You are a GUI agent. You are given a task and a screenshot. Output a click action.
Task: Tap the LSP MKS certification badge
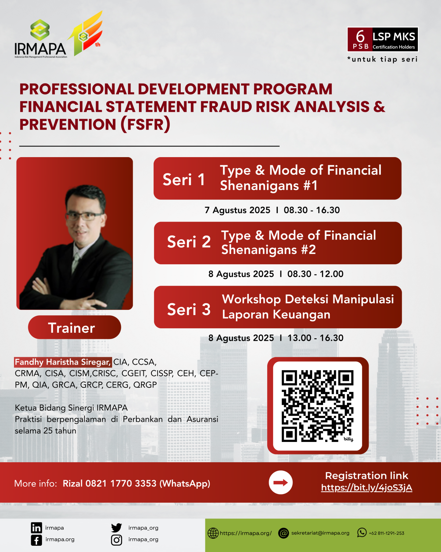coord(383,39)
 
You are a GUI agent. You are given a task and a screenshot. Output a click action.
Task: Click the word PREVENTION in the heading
coord(68,124)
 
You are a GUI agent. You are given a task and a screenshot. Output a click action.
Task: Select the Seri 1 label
coord(184,180)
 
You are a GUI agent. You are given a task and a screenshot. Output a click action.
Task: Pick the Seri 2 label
coord(189,242)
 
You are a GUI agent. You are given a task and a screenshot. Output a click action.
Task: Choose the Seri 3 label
coord(189,309)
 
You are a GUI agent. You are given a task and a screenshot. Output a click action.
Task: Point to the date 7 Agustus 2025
coord(237,210)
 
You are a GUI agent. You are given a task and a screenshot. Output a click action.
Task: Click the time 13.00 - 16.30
coord(315,338)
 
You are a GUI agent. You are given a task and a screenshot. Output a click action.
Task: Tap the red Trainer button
coord(74,328)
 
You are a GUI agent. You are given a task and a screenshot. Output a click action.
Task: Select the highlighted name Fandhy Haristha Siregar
coord(62,362)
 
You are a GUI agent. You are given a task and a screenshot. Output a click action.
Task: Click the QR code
coord(318,406)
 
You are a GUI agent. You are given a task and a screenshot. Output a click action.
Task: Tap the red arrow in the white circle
coord(281,482)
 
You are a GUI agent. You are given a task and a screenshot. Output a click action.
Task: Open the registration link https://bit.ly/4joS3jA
coord(366,488)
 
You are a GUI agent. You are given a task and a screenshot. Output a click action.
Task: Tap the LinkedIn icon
coord(36,528)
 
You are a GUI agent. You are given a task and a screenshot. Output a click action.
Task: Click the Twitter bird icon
coord(116,528)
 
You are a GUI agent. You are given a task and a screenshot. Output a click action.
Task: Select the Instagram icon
coord(116,540)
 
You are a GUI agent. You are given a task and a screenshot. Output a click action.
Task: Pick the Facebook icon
coord(36,540)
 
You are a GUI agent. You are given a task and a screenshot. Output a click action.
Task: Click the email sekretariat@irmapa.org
coord(320,533)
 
